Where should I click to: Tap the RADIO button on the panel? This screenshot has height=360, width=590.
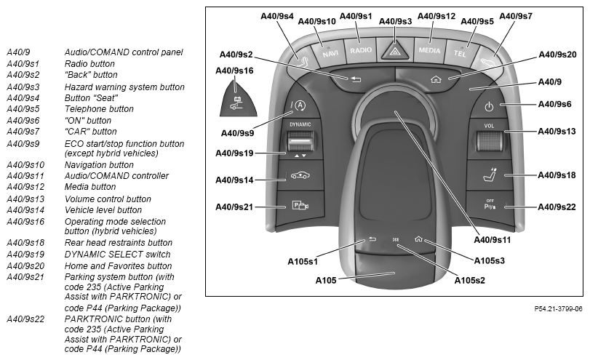[361, 50]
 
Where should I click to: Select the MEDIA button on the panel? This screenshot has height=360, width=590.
[429, 50]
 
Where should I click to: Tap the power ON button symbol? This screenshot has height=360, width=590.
[488, 107]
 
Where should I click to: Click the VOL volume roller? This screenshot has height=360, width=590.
[488, 138]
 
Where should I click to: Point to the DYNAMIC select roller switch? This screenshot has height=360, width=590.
[300, 138]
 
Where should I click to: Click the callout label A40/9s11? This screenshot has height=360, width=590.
[493, 239]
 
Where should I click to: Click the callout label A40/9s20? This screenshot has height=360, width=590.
[557, 55]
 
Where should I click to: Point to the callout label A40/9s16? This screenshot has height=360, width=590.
[234, 71]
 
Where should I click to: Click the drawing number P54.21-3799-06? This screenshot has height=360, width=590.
[558, 308]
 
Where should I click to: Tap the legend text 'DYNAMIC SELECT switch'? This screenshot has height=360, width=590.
[118, 254]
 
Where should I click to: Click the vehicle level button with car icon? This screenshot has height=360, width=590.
[300, 176]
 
